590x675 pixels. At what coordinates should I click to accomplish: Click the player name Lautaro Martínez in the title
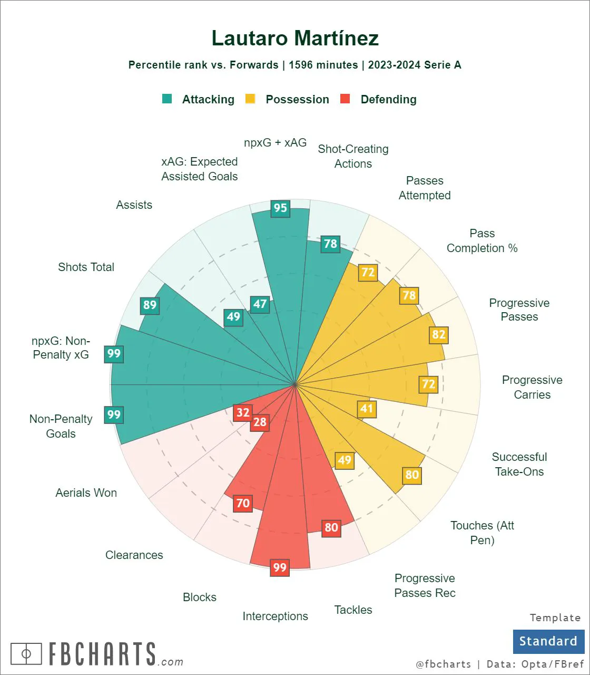tap(295, 38)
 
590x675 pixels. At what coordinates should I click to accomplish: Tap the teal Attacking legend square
tap(168, 99)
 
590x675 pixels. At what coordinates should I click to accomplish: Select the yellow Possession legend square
tap(251, 99)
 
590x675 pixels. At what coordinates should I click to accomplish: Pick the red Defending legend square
tap(346, 99)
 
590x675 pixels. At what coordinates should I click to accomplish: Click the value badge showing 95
tap(280, 208)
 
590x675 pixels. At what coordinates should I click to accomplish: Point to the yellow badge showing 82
tap(439, 334)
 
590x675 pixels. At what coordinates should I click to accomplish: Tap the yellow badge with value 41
tap(367, 408)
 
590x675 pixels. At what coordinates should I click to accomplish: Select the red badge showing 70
tap(243, 503)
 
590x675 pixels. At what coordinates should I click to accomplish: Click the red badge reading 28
tap(260, 422)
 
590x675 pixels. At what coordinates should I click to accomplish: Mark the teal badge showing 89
tap(150, 305)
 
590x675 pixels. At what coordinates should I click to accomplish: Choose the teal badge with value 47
tap(260, 304)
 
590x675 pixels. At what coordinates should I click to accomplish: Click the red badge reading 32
tap(243, 412)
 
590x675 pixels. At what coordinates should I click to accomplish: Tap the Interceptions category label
tap(275, 616)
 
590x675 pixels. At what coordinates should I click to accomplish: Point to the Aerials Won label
tap(86, 493)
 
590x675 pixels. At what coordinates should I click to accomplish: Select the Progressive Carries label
tap(532, 387)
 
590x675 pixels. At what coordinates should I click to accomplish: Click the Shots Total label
tap(86, 267)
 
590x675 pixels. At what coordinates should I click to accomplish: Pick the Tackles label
tap(353, 610)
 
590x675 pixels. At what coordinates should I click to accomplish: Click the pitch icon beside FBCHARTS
tap(26, 654)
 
